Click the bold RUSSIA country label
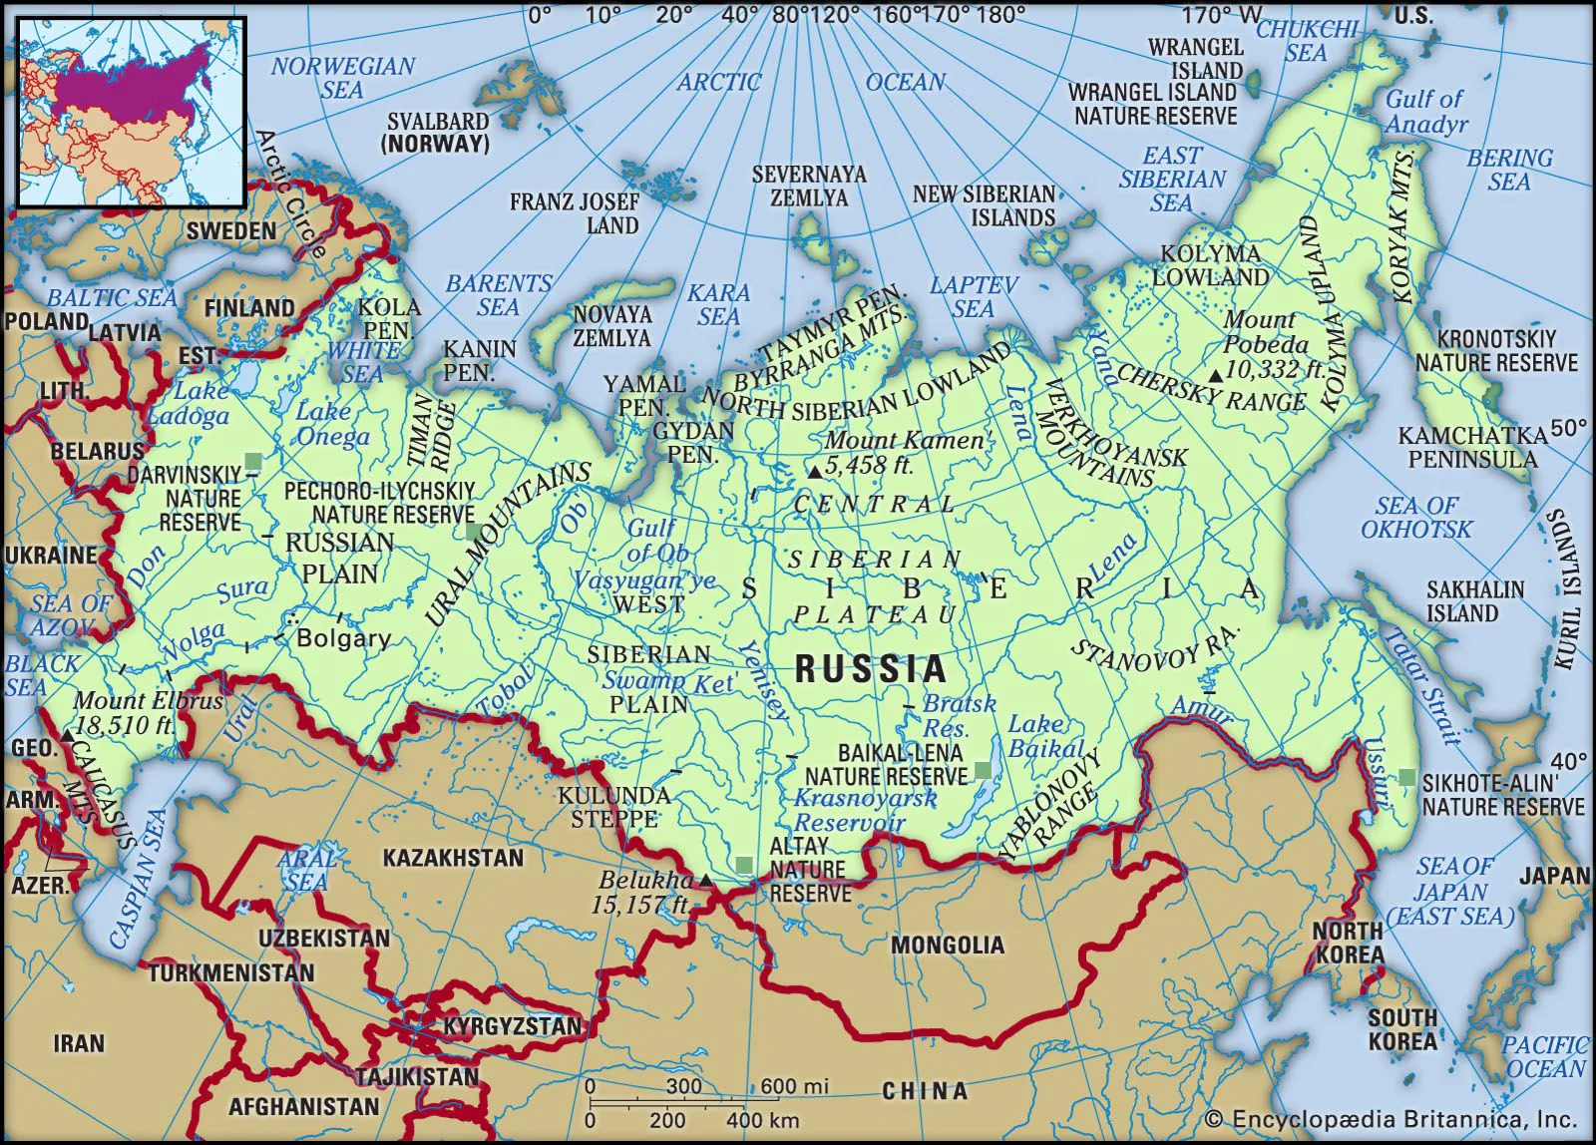coord(871,669)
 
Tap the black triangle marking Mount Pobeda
coord(1215,375)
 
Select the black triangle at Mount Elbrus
coord(66,734)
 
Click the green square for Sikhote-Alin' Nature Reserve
coord(1406,777)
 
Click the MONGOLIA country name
coord(947,945)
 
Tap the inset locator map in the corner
coord(131,111)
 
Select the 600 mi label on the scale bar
coord(794,1086)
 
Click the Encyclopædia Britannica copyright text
coord(1391,1119)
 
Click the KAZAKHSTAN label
coord(453,858)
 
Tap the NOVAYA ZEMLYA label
coord(611,326)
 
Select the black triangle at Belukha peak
coord(705,880)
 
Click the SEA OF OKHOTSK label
coord(1415,517)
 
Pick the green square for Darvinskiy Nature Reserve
coord(253,460)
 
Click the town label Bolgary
coord(343,639)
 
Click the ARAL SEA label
coord(305,869)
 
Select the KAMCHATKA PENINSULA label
coord(1472,447)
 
